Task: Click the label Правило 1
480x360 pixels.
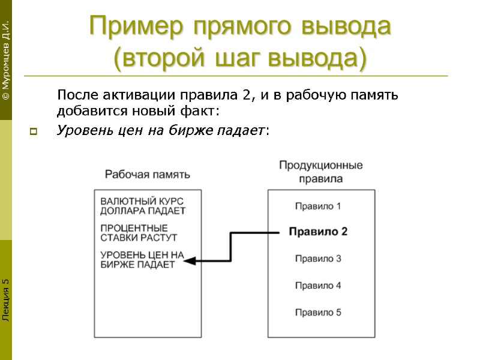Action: click(318, 206)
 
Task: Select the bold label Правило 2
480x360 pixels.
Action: click(318, 232)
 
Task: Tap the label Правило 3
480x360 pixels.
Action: click(318, 259)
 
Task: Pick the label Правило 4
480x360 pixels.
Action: click(318, 286)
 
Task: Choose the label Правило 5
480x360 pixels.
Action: click(318, 312)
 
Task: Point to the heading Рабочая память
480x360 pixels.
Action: click(148, 175)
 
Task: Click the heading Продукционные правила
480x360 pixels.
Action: click(320, 171)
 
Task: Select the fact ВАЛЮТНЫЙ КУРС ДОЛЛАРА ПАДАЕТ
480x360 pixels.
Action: click(142, 206)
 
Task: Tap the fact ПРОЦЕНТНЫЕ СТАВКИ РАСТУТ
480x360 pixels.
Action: click(134, 232)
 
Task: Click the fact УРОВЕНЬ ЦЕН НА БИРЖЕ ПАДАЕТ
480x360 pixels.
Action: click(141, 259)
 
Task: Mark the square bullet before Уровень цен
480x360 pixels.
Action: click(33, 131)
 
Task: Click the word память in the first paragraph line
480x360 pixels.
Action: click(376, 95)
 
